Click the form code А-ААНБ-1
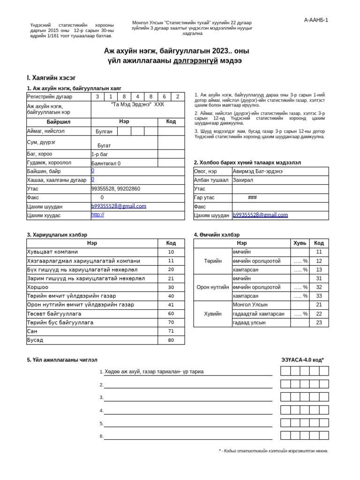click(x=316, y=20)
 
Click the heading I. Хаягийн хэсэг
click(x=51, y=78)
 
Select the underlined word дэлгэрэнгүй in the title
click(x=195, y=61)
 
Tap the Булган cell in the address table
click(x=104, y=132)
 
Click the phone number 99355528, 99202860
click(x=116, y=189)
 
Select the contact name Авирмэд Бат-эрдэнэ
click(x=258, y=172)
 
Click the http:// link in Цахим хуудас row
click(x=98, y=215)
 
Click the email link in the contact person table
click(x=260, y=215)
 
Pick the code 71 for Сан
click(x=171, y=331)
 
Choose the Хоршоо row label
click(x=37, y=287)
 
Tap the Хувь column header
click(x=300, y=243)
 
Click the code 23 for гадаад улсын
click(x=319, y=322)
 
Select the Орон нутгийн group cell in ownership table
click(x=213, y=287)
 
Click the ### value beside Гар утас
click(x=252, y=198)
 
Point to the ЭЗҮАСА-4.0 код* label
click(x=302, y=360)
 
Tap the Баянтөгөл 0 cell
click(x=106, y=164)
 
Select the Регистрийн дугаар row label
click(x=50, y=97)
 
